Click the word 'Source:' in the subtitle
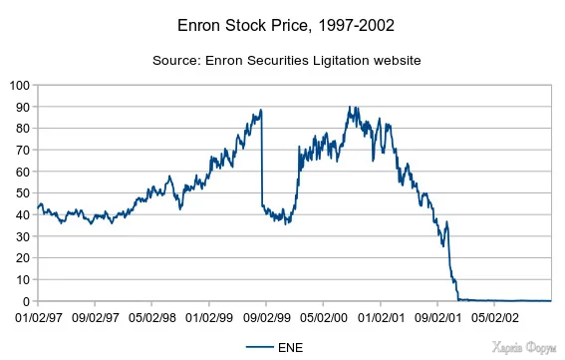(176, 61)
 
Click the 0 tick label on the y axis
(24, 301)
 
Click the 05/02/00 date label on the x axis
(322, 318)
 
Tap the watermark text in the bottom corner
(524, 347)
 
